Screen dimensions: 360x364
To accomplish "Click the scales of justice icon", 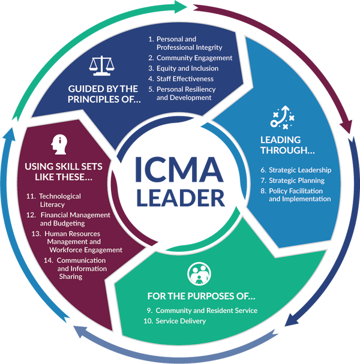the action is point(101,65).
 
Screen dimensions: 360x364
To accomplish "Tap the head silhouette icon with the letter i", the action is point(59,145).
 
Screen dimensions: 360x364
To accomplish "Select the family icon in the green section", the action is point(199,273).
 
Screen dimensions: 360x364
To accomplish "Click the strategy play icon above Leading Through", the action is point(282,117).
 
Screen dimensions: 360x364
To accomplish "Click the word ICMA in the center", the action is point(179,169).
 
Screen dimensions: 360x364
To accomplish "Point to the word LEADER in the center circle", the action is point(181,198).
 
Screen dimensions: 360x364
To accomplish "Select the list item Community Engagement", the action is point(194,58).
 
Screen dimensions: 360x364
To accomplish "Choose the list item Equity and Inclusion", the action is point(187,68).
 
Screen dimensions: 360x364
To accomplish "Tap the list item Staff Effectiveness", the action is point(185,79).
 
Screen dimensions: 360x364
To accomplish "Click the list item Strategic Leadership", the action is point(300,170).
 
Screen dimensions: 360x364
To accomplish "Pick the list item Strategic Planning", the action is point(296,181).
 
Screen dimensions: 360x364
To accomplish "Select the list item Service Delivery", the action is point(181,321).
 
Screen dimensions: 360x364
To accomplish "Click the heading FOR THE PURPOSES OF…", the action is point(201,296).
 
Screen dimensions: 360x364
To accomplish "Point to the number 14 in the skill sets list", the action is point(49,260).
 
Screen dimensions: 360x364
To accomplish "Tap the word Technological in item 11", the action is point(60,196).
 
